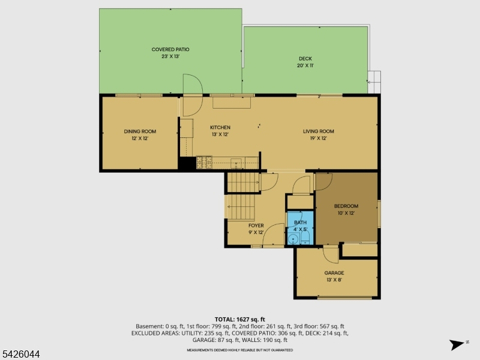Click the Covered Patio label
pos(170,49)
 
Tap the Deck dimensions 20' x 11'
pos(305,65)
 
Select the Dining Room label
pos(140,131)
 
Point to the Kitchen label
pos(220,127)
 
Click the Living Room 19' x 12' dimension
pos(319,139)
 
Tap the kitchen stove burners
pos(204,162)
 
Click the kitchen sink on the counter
pos(236,163)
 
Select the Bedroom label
pos(346,206)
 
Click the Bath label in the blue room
pos(300,223)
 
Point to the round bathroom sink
pos(293,238)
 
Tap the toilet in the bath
pos(305,238)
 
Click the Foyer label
pos(256,226)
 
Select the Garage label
pos(334,273)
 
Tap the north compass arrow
pos(457,344)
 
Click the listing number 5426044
pos(20,354)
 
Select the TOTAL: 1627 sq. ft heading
pos(239,320)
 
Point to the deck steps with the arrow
pos(374,82)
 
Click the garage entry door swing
pos(331,254)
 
